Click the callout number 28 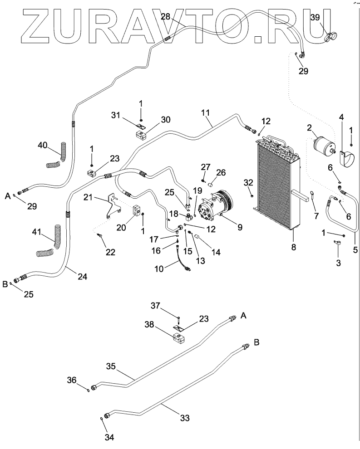pos(166,17)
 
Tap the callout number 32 pos(248,183)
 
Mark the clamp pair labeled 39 pos(330,35)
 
